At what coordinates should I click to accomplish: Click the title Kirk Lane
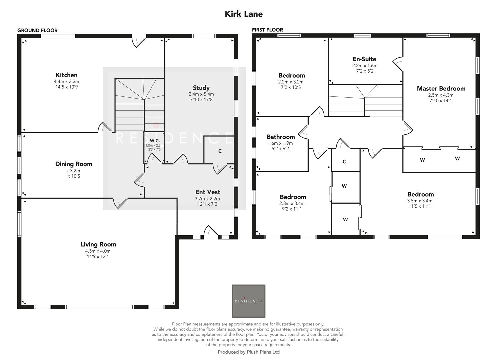tap(244, 14)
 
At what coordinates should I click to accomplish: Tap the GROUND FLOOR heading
tap(37, 30)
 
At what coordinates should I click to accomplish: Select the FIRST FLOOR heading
tap(267, 30)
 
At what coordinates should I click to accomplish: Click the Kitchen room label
tap(66, 75)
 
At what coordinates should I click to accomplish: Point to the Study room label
tap(201, 88)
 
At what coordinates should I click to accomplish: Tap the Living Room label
tap(98, 244)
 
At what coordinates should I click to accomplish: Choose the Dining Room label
tap(73, 164)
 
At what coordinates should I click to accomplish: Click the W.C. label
tap(154, 141)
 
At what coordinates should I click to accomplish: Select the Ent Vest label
tap(207, 192)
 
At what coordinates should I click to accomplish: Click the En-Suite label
tap(364, 59)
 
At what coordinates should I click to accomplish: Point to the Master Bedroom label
tap(441, 89)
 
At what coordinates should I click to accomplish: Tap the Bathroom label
tap(280, 137)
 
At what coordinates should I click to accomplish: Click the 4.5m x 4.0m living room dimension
tap(98, 251)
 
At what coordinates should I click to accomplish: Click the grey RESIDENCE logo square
tap(249, 301)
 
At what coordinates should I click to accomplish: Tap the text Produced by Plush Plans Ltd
tap(248, 352)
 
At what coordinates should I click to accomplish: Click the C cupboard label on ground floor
tap(220, 151)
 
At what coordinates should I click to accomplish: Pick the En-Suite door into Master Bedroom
tap(398, 63)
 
